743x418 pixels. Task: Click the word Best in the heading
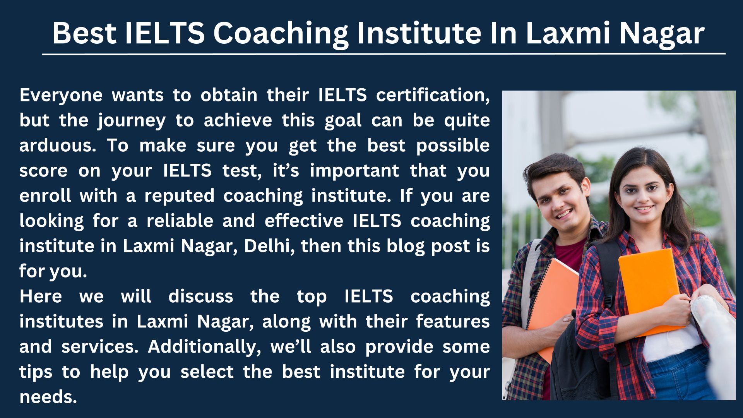84,33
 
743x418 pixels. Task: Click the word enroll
45,195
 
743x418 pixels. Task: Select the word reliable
180,221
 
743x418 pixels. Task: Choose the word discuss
201,296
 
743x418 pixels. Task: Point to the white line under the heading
383,54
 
